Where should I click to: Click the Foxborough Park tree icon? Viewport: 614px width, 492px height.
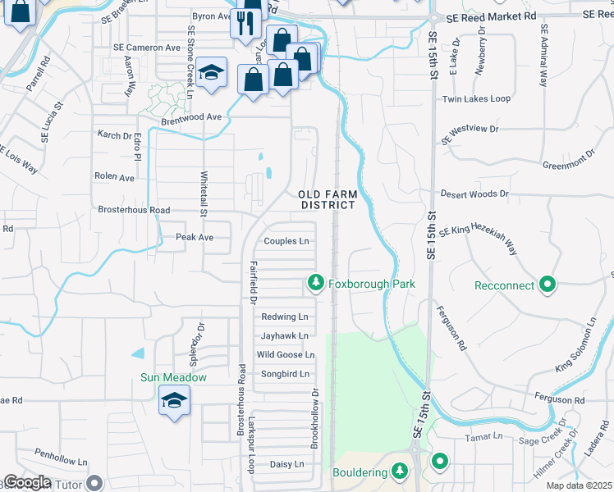(x=315, y=284)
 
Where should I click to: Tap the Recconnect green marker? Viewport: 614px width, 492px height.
(x=548, y=285)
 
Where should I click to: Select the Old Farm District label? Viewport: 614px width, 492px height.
(x=328, y=199)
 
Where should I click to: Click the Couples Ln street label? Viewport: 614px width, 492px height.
(x=286, y=241)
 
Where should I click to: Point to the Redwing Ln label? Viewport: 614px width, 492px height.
(x=284, y=317)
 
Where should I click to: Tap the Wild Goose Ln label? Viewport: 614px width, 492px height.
(x=286, y=354)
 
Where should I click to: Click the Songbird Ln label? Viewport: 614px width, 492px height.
(x=284, y=374)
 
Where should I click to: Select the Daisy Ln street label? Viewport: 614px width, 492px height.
(x=286, y=464)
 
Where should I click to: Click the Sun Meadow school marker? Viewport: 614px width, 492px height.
(x=173, y=401)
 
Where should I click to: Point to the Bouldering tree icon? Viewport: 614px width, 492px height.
(x=400, y=471)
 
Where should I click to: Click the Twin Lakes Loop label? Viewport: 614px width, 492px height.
(x=476, y=98)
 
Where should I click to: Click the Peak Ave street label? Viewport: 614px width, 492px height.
(x=195, y=237)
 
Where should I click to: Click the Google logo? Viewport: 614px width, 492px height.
(x=26, y=482)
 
